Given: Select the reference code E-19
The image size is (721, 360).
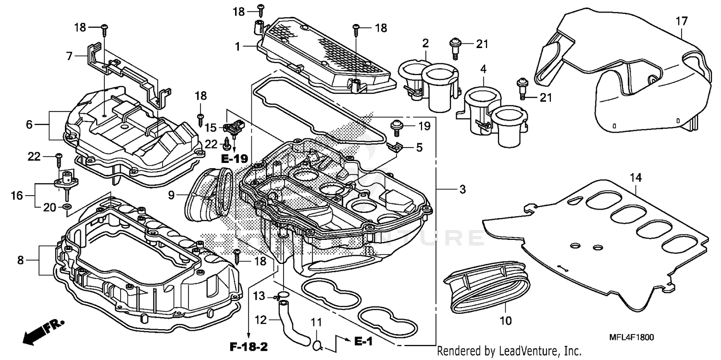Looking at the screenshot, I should (234, 158).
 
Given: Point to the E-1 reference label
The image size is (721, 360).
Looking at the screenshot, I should (364, 341).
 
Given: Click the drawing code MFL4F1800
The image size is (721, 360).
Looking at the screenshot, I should (632, 337).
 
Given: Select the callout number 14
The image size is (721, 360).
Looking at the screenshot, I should (635, 178).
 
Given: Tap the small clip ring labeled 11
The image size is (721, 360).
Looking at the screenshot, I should (317, 344).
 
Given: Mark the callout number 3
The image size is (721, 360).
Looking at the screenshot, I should (462, 190).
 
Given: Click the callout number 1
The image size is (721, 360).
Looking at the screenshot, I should (237, 47).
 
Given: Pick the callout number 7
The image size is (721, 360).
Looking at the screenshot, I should (70, 57).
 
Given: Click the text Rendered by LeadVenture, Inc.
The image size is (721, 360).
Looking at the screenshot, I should (509, 350).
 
